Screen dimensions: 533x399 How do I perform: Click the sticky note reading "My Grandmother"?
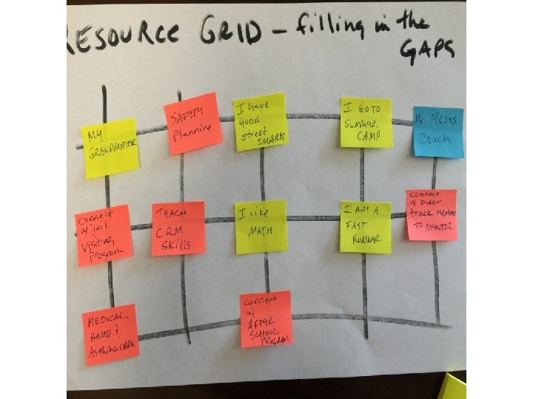(x=111, y=147)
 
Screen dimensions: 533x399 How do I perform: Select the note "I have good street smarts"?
(x=260, y=121)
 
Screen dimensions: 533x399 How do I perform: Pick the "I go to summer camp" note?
(x=366, y=122)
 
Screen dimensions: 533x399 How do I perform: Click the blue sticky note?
(x=438, y=132)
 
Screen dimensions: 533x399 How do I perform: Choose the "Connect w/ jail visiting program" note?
(x=104, y=235)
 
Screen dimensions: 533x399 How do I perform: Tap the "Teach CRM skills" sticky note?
(x=178, y=228)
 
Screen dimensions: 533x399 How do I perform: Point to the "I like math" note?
(x=261, y=227)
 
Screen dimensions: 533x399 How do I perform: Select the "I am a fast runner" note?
(x=366, y=227)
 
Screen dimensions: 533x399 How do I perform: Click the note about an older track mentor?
(x=431, y=214)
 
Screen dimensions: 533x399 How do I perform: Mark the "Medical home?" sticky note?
(x=111, y=334)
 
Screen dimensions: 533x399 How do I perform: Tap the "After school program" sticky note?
(x=266, y=319)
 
